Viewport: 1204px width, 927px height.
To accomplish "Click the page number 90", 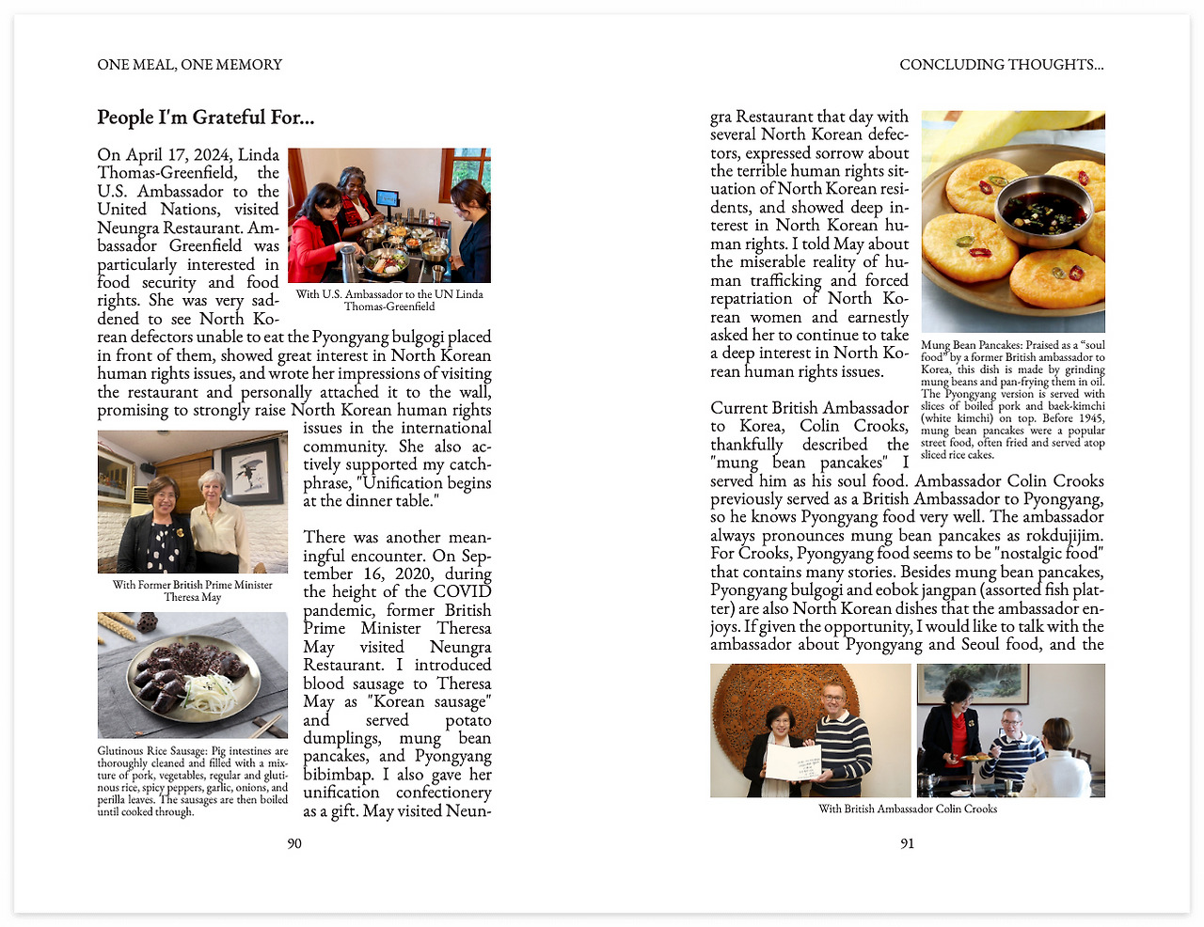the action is (294, 843).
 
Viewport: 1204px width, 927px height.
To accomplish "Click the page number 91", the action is (907, 843).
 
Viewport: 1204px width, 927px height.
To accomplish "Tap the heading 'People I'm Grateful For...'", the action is (206, 118).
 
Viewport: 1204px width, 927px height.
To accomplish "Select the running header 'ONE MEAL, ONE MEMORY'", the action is (189, 65).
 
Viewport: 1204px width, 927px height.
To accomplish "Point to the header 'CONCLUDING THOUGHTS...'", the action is (1001, 65).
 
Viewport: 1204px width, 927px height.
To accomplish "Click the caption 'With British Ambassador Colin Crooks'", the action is (908, 809).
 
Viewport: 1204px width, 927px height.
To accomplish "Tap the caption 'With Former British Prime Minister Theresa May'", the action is (192, 590).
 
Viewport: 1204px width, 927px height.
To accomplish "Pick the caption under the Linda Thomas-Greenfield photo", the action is (389, 300).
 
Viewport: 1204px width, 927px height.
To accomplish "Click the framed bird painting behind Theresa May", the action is (252, 471).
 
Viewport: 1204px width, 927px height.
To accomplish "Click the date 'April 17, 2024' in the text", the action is (176, 154).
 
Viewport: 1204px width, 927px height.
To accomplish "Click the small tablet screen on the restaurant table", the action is (387, 197).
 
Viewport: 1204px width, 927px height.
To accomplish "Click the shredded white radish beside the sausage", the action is (207, 691).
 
